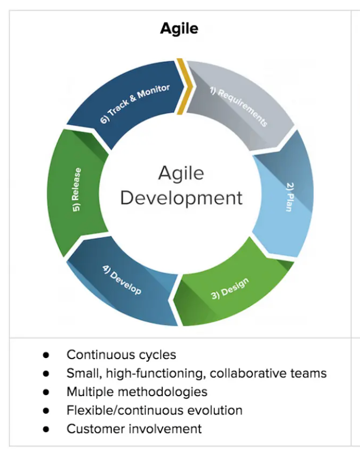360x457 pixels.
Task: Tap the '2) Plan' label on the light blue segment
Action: [x=290, y=197]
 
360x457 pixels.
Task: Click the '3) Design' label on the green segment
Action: [x=230, y=288]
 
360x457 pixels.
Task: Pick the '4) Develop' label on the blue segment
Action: [x=122, y=280]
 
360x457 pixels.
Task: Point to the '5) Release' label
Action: [x=76, y=189]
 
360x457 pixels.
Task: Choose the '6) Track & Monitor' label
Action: [x=135, y=104]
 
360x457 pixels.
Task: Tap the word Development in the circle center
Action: [x=181, y=198]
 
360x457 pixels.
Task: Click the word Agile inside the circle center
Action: [x=181, y=174]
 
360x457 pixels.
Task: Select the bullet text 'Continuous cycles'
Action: [x=121, y=354]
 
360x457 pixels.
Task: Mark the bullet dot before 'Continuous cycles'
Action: [x=46, y=355]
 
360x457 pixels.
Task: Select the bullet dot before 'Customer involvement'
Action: [x=46, y=429]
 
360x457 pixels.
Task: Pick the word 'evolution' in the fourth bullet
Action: [x=215, y=410]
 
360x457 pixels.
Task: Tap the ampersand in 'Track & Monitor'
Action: [x=133, y=98]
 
